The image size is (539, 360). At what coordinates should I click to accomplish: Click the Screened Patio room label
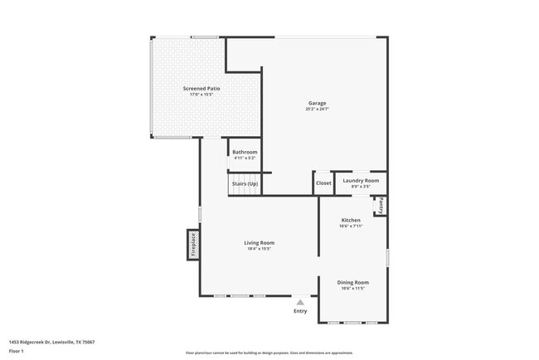click(202, 88)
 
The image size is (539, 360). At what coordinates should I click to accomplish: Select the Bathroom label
click(245, 152)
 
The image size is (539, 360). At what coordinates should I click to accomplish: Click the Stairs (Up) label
click(245, 183)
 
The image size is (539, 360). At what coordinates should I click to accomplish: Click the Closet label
click(323, 183)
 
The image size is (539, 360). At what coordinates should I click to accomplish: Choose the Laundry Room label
click(361, 180)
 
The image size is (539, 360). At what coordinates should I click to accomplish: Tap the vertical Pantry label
click(380, 205)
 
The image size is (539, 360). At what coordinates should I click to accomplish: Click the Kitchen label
click(351, 220)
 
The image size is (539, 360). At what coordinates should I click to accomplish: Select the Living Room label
click(259, 243)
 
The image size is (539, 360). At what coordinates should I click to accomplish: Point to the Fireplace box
click(193, 246)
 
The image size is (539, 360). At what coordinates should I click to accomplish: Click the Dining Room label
click(352, 283)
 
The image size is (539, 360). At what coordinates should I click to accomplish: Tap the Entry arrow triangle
click(300, 303)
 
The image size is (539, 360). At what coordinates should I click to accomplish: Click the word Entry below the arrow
click(300, 311)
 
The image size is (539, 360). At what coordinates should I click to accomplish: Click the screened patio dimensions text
click(202, 94)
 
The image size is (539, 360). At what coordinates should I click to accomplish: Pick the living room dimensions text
click(259, 249)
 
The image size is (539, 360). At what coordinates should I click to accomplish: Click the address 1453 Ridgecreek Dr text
click(51, 342)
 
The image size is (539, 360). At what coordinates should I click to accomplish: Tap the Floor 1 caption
click(17, 351)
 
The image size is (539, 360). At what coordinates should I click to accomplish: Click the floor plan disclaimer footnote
click(269, 353)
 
